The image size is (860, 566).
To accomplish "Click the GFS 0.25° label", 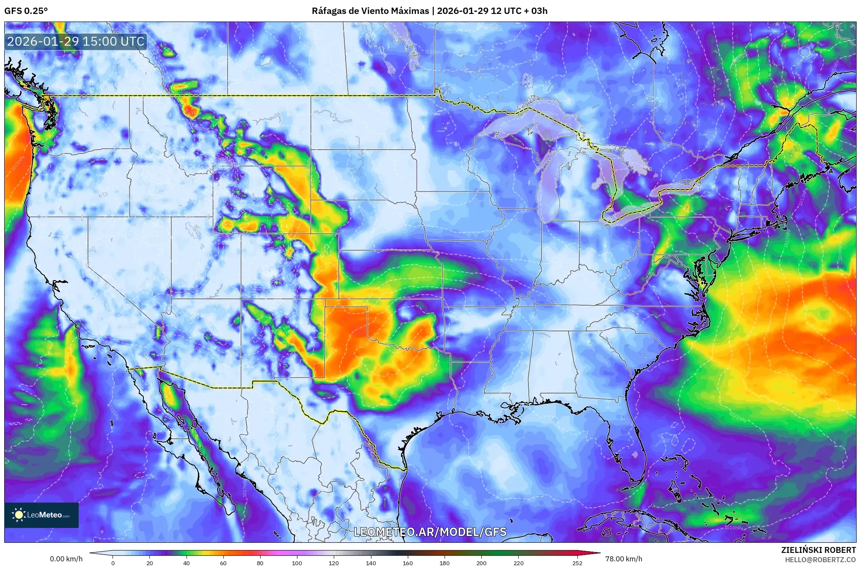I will click(26, 11).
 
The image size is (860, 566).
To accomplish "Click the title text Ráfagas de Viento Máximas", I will click(370, 11).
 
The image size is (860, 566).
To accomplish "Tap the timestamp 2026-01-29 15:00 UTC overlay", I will click(76, 41).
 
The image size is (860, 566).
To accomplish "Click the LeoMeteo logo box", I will click(41, 515).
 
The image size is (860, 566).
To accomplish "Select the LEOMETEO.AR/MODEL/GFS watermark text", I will click(430, 532).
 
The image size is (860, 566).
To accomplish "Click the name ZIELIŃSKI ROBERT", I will click(818, 550).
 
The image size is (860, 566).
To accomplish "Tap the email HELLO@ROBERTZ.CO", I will click(820, 560).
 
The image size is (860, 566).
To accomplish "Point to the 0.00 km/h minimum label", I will click(66, 559).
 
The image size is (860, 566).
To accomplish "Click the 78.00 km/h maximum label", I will click(624, 559).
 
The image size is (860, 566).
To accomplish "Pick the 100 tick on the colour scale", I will click(297, 563).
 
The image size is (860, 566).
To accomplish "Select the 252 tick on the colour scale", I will click(577, 563).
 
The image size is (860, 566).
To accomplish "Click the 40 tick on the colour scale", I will click(186, 563).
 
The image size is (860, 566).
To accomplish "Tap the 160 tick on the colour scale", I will click(408, 563).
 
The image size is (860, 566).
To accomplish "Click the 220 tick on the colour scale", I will click(519, 563).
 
